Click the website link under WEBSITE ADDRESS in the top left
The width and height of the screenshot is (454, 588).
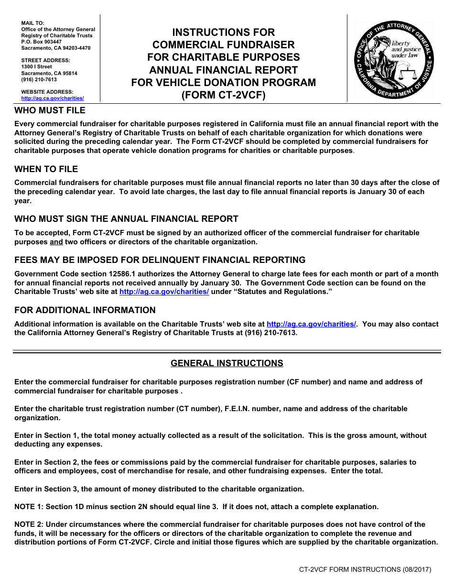[x=53, y=98]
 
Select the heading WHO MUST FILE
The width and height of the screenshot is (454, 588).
[x=50, y=110]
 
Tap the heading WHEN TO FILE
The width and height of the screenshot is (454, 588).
[x=46, y=169]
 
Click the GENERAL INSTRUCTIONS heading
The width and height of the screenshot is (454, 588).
[x=227, y=363]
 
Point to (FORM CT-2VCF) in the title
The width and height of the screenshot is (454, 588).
[x=223, y=95]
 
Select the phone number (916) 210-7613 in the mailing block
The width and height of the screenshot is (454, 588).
[x=39, y=80]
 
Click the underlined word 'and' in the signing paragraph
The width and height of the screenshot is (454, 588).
[x=56, y=242]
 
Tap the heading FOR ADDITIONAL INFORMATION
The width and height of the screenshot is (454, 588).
[x=85, y=310]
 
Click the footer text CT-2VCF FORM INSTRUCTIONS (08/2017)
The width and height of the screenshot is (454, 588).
[x=365, y=569]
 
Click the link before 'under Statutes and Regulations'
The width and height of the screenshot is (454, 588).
[x=164, y=292]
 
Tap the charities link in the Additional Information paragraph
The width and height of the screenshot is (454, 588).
[x=311, y=324]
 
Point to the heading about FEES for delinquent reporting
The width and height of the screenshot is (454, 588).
[x=160, y=260]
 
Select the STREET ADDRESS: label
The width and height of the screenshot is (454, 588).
[x=45, y=60]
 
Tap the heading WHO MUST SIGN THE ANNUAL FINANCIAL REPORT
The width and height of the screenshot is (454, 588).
[x=126, y=219]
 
